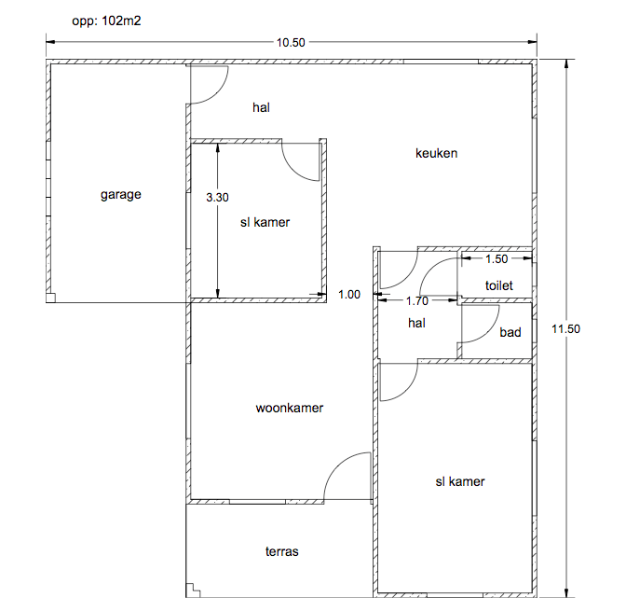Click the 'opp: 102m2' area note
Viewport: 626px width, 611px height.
coord(106,21)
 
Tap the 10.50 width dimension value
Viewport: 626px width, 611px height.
coord(291,42)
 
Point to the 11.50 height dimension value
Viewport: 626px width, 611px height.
coord(565,328)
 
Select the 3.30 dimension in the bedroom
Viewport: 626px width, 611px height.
coord(217,197)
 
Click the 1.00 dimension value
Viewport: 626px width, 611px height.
coord(349,294)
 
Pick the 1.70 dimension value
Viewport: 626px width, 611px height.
coord(416,300)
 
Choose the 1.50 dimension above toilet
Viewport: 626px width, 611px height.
coord(497,258)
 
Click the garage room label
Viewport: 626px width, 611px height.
coord(120,195)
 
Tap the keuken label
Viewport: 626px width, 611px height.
coord(436,153)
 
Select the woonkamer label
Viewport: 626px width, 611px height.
coord(290,408)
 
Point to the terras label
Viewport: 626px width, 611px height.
coord(282,551)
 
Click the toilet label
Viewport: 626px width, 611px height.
coord(499,285)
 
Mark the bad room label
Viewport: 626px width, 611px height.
coord(510,332)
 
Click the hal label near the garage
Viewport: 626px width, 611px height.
coord(261,107)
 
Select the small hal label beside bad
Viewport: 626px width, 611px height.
coord(416,323)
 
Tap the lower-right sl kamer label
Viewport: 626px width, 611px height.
coord(460,481)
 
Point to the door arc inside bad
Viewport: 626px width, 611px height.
coord(491,333)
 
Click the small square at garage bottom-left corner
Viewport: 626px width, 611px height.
coord(50,298)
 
